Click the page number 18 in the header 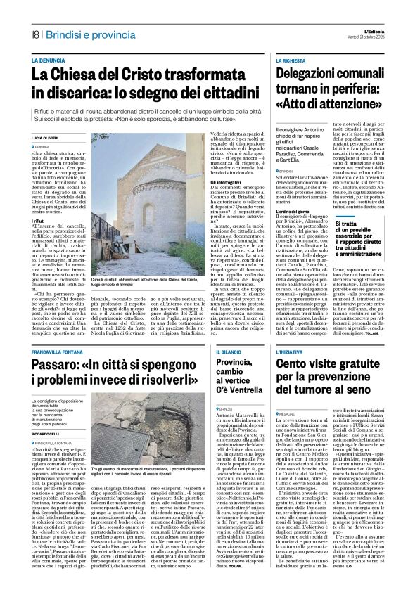click(x=34, y=34)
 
